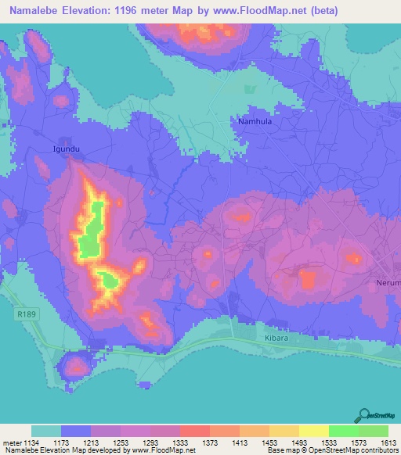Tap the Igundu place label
click(x=66, y=147)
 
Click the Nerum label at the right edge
click(x=388, y=282)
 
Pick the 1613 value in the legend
click(x=388, y=442)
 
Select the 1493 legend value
click(x=299, y=442)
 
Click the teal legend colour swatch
click(x=46, y=431)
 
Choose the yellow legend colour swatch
click(x=314, y=431)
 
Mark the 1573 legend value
click(x=358, y=442)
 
